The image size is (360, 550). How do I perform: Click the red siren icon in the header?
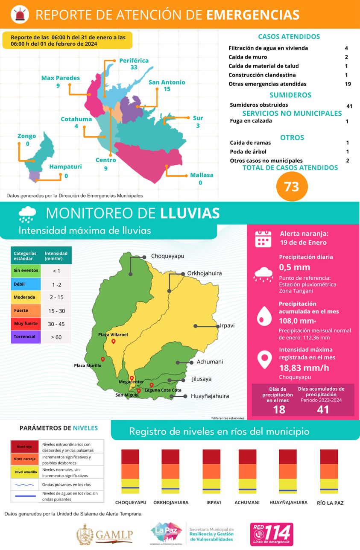point(20,15)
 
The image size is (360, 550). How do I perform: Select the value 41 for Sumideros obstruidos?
point(349,106)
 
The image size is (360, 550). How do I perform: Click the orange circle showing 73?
point(292,186)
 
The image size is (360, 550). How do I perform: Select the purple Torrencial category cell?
point(26,336)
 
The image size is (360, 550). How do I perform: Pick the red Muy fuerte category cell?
point(26,324)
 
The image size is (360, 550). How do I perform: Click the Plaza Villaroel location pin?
point(113,342)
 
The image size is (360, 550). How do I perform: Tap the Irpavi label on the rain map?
point(227,325)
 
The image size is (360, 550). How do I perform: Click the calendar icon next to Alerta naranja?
point(263,239)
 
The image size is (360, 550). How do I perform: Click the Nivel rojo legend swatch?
point(24,447)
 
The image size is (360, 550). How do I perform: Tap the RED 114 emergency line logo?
point(272,534)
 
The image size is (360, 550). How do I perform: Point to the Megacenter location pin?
point(132,378)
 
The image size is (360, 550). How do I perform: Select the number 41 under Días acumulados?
point(323,410)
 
